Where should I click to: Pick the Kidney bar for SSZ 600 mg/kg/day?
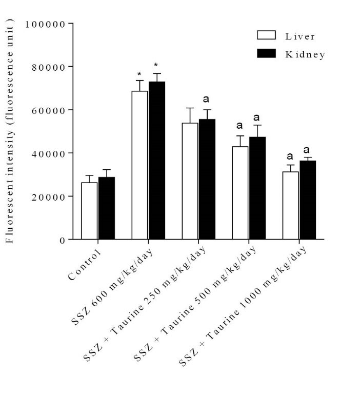click(x=157, y=161)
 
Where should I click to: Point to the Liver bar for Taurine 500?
click(x=240, y=193)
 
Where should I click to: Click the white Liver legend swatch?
click(x=267, y=35)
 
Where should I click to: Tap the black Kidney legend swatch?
click(x=267, y=53)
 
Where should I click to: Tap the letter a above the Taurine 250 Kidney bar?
click(x=207, y=100)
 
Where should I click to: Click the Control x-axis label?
click(x=84, y=265)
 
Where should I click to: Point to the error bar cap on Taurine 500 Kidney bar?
click(x=257, y=125)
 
